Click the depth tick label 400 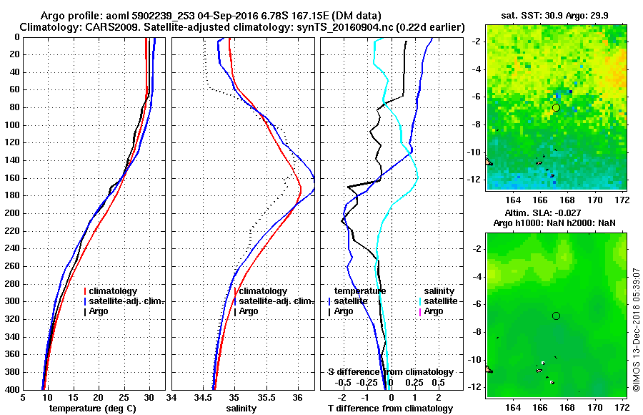11,390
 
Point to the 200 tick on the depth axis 11,213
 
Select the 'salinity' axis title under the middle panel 241,409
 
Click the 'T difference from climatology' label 390,409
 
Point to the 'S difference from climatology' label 390,372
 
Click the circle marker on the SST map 556,107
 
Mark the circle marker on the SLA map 556,316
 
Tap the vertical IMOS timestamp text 637,330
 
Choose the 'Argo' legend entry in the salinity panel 249,311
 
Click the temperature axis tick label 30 149,398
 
